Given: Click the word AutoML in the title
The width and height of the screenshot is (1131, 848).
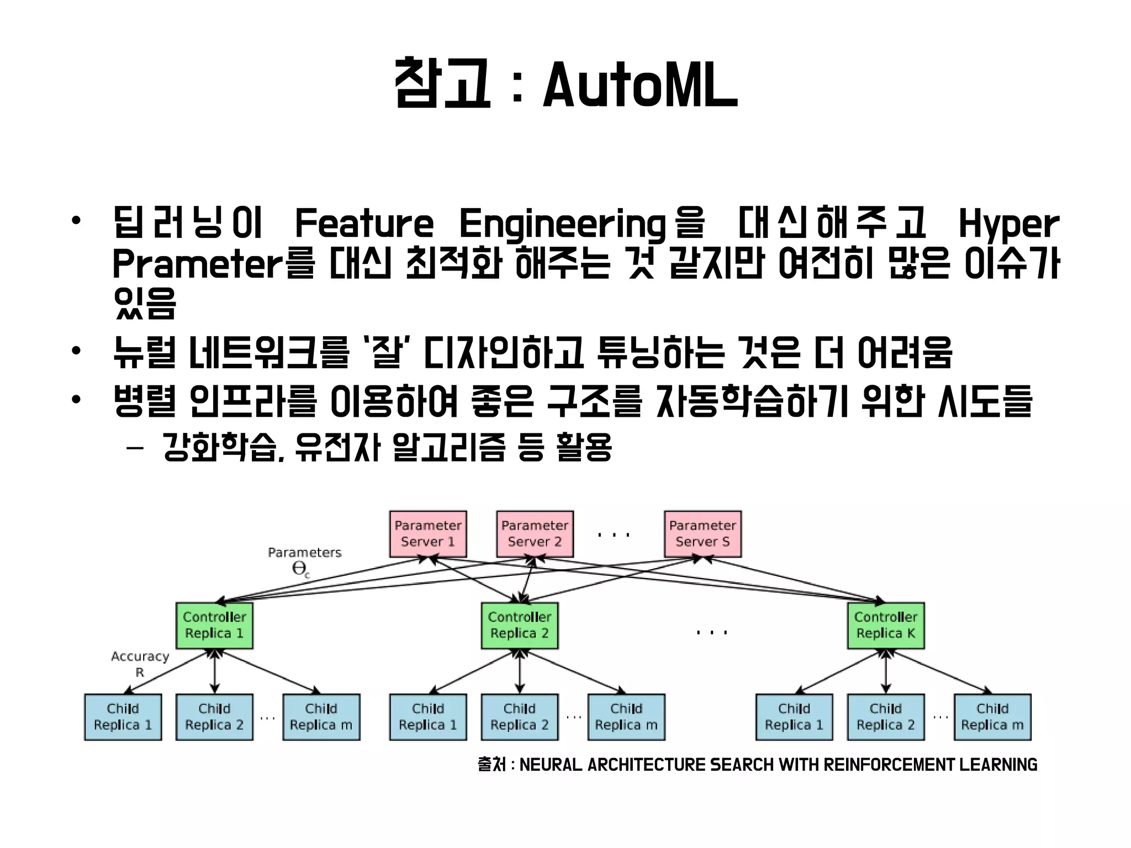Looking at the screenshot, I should tap(641, 86).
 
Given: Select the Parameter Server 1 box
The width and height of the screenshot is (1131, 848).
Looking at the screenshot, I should tap(428, 534).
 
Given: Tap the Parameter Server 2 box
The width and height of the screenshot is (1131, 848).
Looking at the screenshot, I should tap(535, 534).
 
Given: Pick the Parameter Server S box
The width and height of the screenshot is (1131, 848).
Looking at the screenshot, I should tap(702, 534).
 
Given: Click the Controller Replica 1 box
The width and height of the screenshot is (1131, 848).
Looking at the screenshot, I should tap(214, 626).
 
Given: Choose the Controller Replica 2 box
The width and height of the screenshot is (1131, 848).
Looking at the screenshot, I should tap(519, 626).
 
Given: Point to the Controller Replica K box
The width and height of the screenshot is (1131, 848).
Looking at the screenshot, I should tap(886, 626).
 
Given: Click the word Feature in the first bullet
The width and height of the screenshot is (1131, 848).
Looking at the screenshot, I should tap(364, 224).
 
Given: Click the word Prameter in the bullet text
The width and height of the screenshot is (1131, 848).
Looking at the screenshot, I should tap(197, 264).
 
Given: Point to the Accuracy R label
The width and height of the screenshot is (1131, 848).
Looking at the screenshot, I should tap(140, 664).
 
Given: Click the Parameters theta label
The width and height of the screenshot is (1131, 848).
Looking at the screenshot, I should tap(304, 560).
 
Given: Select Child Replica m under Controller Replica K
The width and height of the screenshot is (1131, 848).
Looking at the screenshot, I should tap(992, 717).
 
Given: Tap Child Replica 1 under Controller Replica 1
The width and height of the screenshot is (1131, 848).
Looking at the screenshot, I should tap(123, 717).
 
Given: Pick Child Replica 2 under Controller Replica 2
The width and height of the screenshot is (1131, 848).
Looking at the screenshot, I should tap(519, 717).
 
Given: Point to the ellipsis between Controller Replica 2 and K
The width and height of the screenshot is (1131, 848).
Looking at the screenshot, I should tap(712, 632).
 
